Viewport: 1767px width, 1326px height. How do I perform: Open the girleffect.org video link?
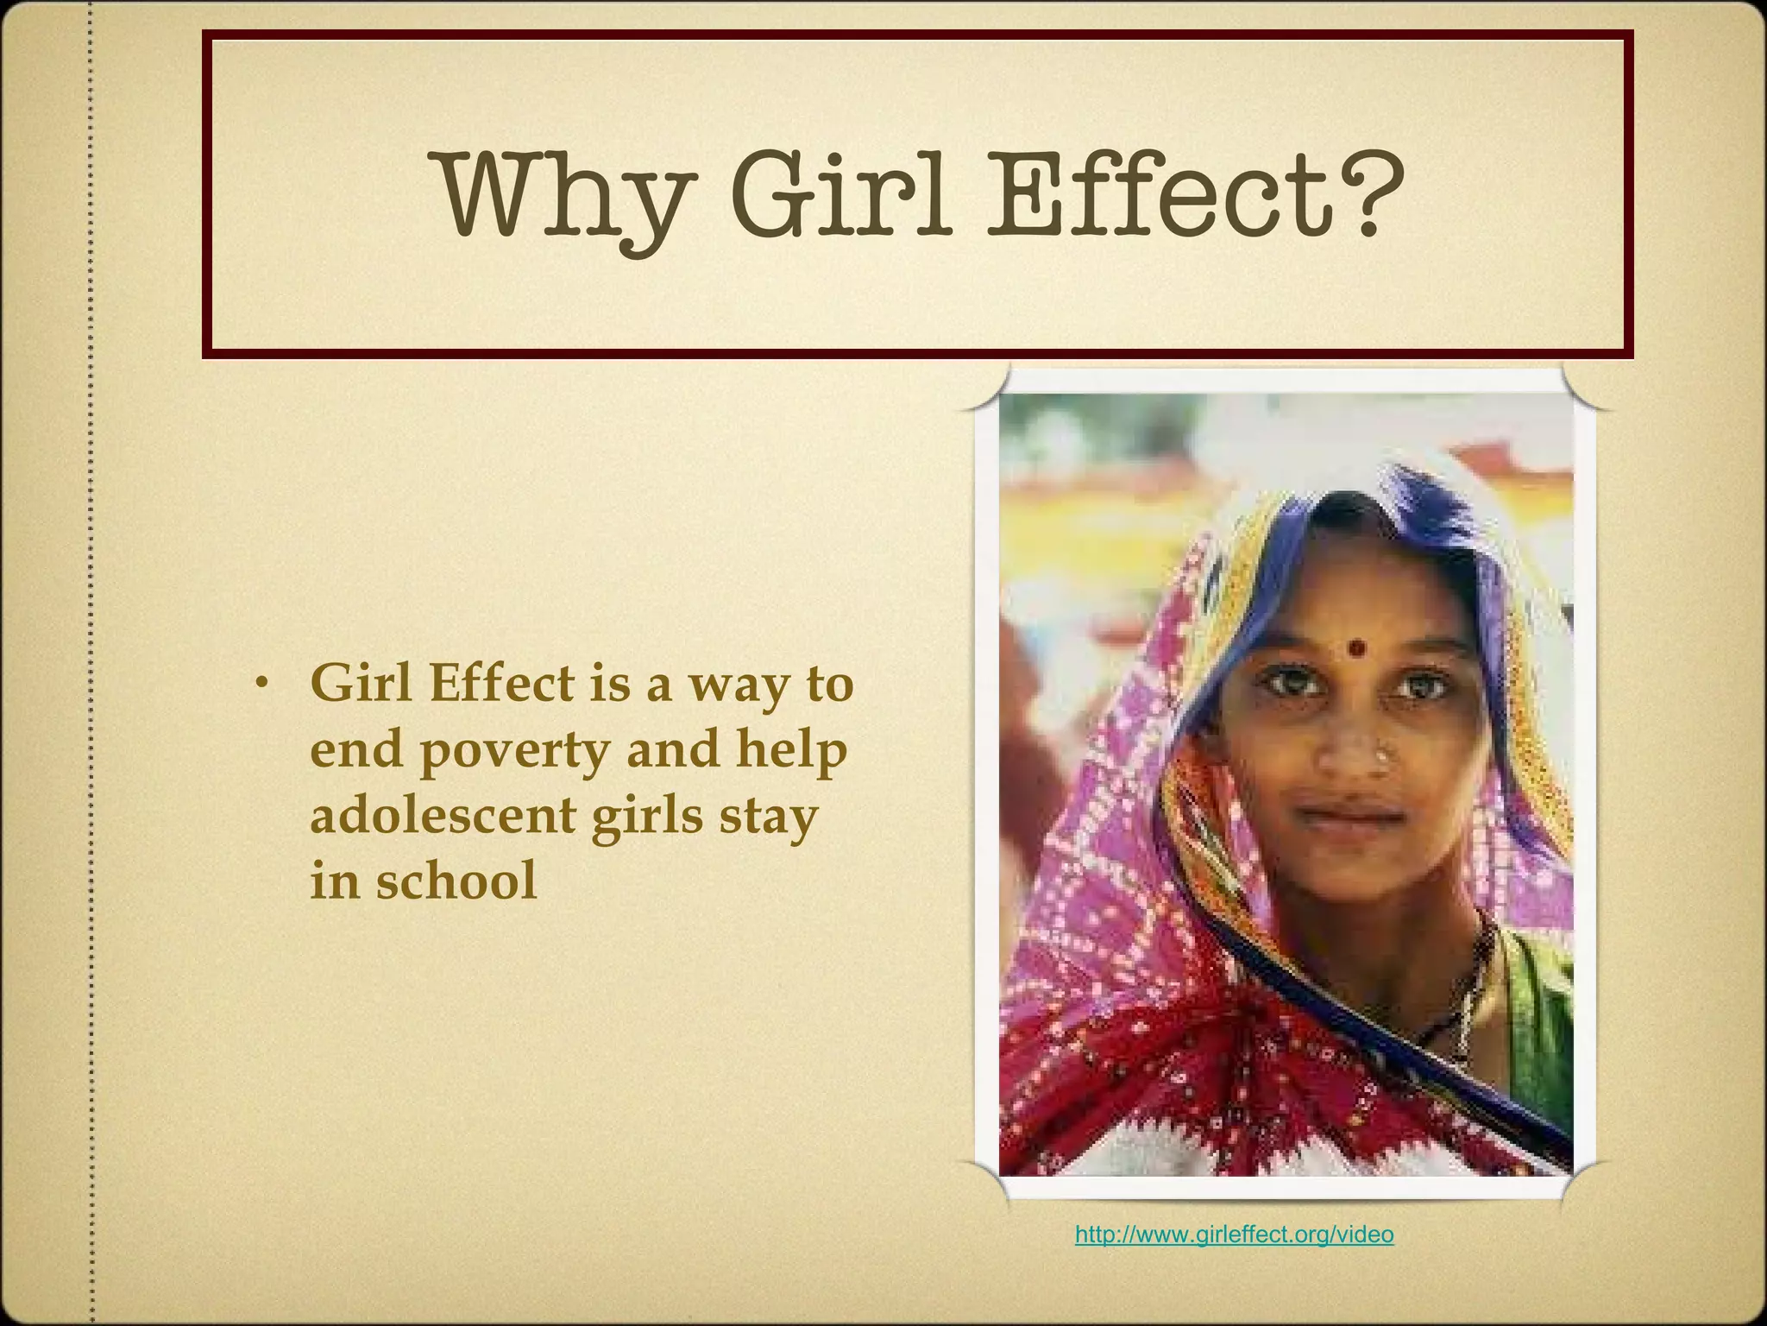1234,1234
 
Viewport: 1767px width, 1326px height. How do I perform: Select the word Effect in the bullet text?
500,684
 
